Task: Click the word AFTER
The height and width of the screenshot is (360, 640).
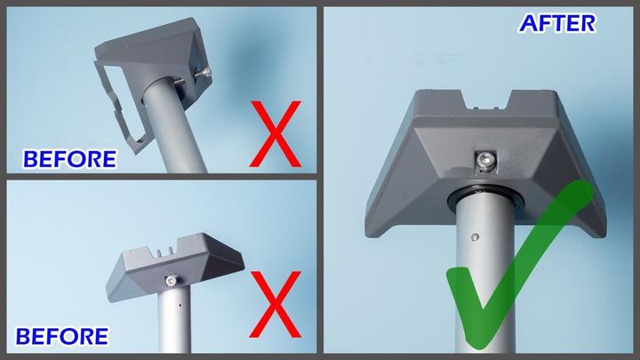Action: (557, 24)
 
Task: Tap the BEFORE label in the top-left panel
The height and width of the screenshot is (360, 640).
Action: (70, 159)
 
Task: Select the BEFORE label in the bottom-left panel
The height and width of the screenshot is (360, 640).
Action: (62, 337)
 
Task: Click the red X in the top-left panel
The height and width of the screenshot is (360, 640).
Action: (276, 134)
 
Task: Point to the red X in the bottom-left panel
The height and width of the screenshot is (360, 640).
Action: (276, 305)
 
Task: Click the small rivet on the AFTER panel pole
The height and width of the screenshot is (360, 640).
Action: (475, 236)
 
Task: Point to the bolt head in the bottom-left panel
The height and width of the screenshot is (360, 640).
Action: (171, 280)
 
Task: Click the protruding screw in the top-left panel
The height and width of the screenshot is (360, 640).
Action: (203, 74)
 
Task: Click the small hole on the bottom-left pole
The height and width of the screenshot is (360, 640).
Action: (180, 305)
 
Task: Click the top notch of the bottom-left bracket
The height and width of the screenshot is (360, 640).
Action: (165, 252)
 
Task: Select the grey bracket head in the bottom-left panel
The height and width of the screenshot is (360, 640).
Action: (175, 265)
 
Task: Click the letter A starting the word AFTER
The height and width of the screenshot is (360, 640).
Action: (528, 24)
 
